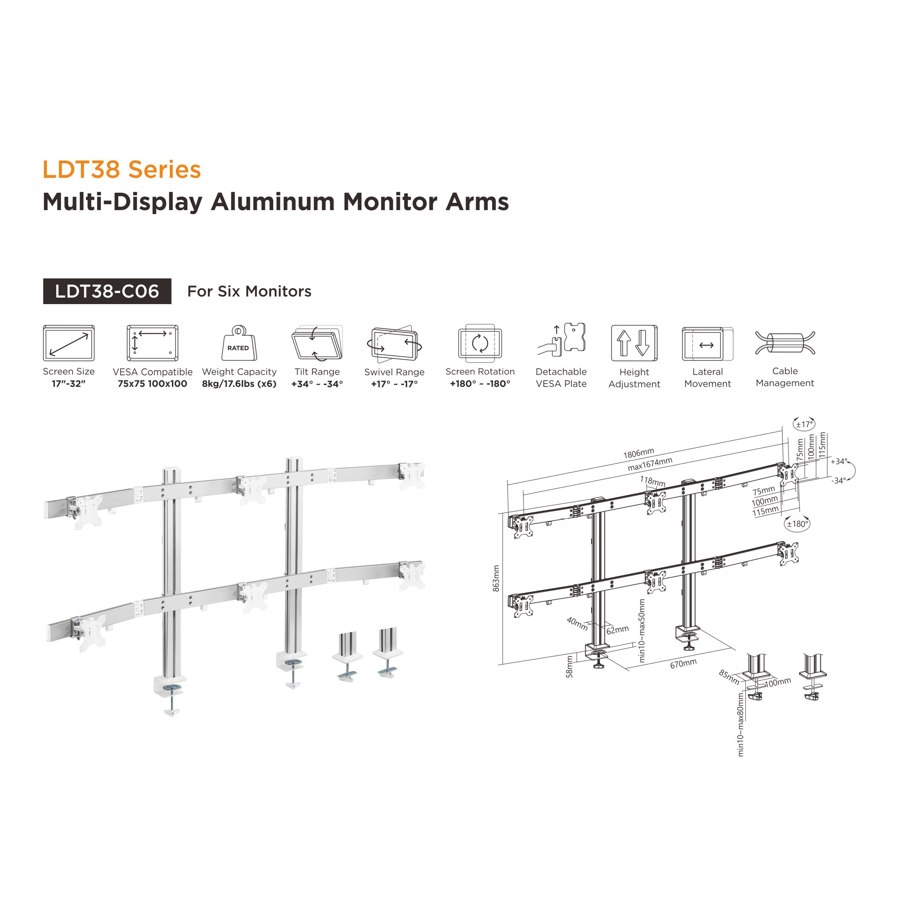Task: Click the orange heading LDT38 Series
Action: click(x=122, y=169)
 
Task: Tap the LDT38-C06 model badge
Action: click(x=107, y=292)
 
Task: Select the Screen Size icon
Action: click(x=69, y=343)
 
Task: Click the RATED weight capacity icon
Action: click(x=238, y=343)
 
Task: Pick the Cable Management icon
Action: click(x=785, y=344)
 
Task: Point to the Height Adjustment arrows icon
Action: click(x=634, y=343)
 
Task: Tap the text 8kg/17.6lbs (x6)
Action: click(x=239, y=384)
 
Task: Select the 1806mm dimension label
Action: click(x=639, y=453)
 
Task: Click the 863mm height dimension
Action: click(x=496, y=578)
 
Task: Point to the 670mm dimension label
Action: click(x=683, y=663)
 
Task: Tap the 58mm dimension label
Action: click(x=569, y=667)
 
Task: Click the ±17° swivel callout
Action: click(x=804, y=424)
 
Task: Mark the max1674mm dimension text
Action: click(x=650, y=464)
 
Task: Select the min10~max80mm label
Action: click(x=741, y=724)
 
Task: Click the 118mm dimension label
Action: click(x=652, y=481)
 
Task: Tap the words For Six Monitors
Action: click(x=249, y=292)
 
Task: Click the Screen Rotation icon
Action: click(x=480, y=343)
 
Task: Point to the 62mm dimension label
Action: click(x=617, y=630)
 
